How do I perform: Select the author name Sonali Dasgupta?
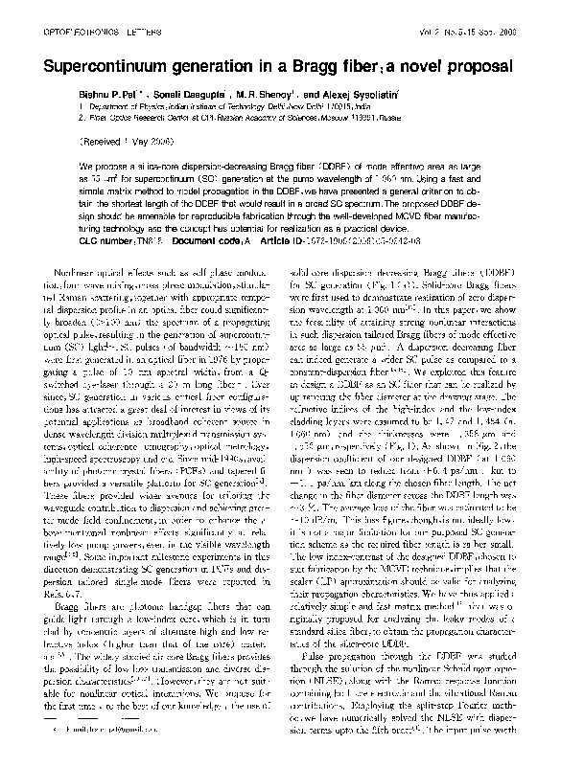[209, 98]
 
